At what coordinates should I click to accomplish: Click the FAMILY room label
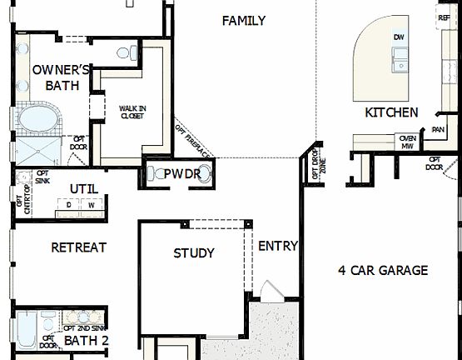pos(244,21)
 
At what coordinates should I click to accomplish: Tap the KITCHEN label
pos(391,112)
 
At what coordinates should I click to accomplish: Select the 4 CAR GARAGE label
pos(383,270)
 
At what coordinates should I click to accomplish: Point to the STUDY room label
pos(194,253)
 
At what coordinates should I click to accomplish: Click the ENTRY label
pos(278,246)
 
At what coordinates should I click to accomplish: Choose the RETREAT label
pos(79,247)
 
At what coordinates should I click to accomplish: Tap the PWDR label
pos(178,174)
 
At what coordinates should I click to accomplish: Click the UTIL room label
pos(83,189)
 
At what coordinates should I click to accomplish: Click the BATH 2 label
pos(87,341)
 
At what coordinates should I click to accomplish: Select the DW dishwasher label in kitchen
pos(399,37)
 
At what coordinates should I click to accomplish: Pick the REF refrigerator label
pos(444,17)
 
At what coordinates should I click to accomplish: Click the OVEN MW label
pos(408,142)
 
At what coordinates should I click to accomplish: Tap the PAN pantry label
pos(439,129)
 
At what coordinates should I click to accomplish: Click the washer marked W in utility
pos(91,205)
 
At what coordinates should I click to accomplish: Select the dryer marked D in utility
pos(70,205)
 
